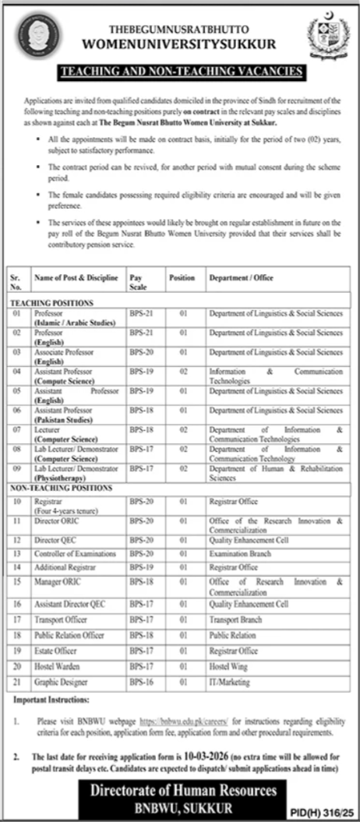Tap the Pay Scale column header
tap(138, 282)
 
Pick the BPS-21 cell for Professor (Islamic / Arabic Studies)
tap(139, 312)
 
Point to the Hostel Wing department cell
tap(227, 666)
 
